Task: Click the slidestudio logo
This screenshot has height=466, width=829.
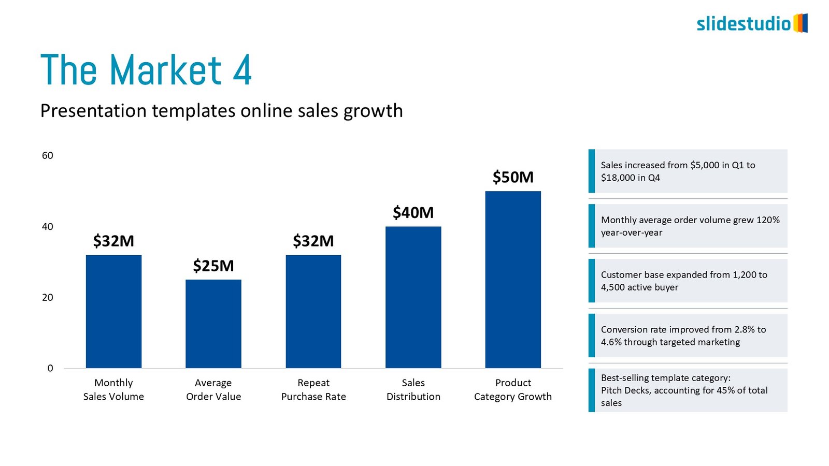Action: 752,23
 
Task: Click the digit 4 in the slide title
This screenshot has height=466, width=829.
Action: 242,70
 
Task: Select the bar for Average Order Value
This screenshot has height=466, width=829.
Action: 213,324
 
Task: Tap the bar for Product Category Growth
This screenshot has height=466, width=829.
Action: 513,280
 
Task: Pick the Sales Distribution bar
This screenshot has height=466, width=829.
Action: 413,297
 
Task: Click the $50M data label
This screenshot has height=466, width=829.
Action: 513,177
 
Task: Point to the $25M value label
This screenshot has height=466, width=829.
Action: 213,266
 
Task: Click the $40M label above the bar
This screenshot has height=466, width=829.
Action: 413,212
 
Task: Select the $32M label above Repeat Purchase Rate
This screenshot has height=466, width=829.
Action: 313,241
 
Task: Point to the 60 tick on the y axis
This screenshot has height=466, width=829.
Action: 48,155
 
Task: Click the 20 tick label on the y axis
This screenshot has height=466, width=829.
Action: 48,297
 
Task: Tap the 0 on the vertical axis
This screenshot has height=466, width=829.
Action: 50,368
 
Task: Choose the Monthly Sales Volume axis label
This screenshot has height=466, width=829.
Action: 113,389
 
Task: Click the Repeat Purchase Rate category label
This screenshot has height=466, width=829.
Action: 313,389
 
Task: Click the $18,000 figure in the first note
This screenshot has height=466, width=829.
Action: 618,178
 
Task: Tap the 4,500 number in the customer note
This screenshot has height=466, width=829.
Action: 613,287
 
